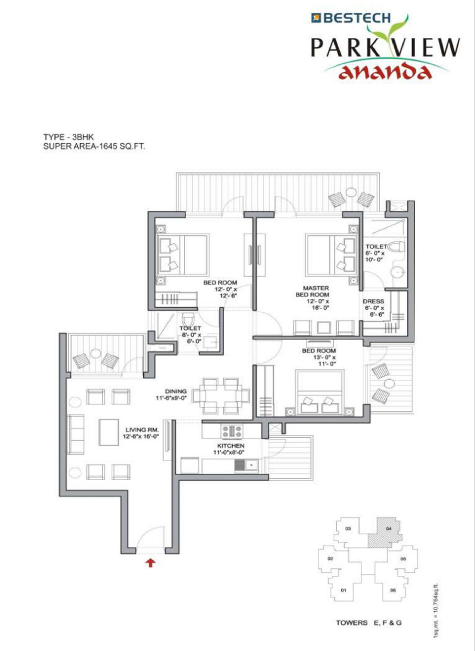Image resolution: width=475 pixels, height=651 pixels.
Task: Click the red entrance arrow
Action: tap(151, 563)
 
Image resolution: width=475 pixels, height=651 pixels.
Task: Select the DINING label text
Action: tap(176, 391)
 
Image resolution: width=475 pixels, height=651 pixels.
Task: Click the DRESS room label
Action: tap(373, 302)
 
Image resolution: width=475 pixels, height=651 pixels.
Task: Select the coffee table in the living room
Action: tap(108, 432)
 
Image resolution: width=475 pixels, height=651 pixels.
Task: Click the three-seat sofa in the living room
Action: tap(76, 434)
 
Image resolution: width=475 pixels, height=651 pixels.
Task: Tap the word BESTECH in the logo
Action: tap(356, 18)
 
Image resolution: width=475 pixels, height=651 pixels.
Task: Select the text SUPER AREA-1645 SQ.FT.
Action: tap(94, 146)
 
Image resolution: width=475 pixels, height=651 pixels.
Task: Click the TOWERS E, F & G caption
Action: tap(368, 623)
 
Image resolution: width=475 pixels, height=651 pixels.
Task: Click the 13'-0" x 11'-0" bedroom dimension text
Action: tap(324, 360)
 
